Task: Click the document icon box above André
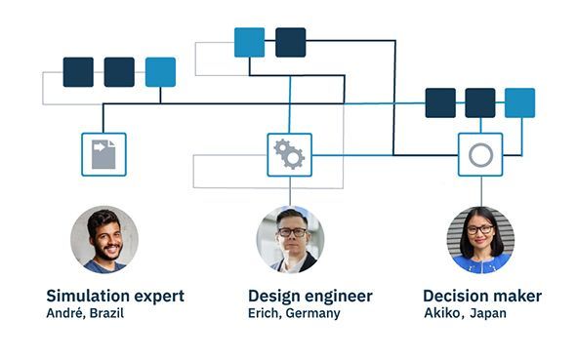(103, 154)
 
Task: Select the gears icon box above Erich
(289, 154)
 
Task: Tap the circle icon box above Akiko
(480, 154)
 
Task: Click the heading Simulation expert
(115, 296)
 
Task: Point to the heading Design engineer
(309, 296)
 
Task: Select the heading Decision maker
(482, 296)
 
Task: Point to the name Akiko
(441, 314)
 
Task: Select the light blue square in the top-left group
(160, 72)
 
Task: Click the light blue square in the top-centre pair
(249, 42)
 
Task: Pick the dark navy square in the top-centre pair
(290, 42)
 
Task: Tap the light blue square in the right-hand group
(519, 102)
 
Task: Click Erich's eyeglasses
(290, 232)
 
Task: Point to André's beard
(103, 253)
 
